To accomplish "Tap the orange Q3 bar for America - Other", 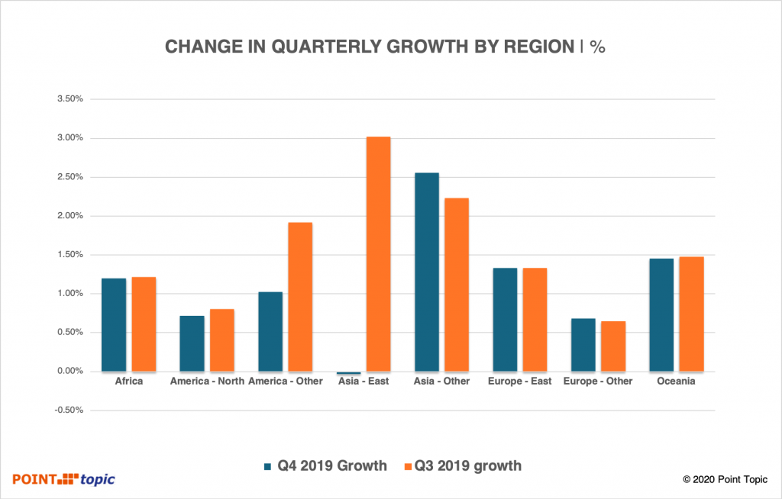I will [x=300, y=297].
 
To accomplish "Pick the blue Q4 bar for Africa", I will [x=114, y=325].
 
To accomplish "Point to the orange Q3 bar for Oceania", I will [x=691, y=314].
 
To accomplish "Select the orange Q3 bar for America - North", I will [x=221, y=340].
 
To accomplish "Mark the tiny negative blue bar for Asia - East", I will [x=349, y=373].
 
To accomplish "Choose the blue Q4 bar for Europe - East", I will [x=505, y=320].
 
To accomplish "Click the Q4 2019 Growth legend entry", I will [x=325, y=465].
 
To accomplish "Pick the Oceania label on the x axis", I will [x=676, y=381].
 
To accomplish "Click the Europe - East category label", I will [x=519, y=381].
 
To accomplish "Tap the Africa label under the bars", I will [x=128, y=381].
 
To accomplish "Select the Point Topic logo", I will [x=63, y=479].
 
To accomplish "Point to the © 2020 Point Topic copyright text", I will [x=725, y=480].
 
